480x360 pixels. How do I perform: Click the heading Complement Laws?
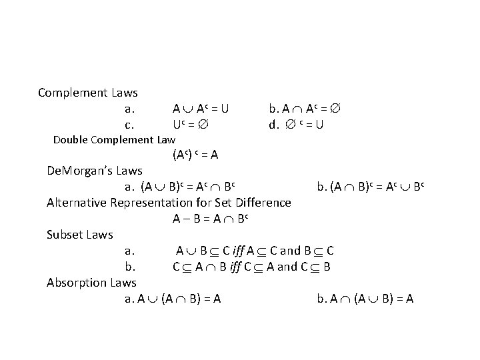87,92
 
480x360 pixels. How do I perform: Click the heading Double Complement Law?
114,139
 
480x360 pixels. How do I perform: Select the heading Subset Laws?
80,234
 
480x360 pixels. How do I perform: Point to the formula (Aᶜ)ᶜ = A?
195,155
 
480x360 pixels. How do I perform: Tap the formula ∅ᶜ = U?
296,124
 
